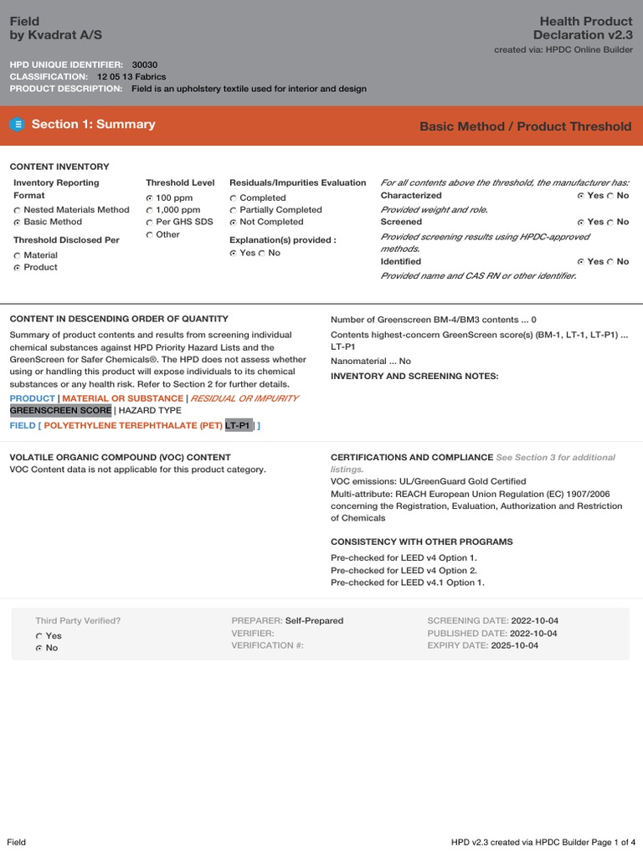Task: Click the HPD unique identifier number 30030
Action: pyautogui.click(x=145, y=64)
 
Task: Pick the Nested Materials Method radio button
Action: pyautogui.click(x=18, y=210)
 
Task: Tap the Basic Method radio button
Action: pyautogui.click(x=18, y=223)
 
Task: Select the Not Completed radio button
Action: pyautogui.click(x=234, y=223)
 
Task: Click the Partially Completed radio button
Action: pyautogui.click(x=234, y=210)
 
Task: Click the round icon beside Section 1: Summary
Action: pyautogui.click(x=18, y=125)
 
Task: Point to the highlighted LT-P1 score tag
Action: pyautogui.click(x=239, y=426)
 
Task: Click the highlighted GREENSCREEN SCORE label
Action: pyautogui.click(x=60, y=411)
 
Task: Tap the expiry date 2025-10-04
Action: pyautogui.click(x=514, y=646)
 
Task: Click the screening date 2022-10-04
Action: pyautogui.click(x=534, y=621)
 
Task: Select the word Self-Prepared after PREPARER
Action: pyautogui.click(x=314, y=621)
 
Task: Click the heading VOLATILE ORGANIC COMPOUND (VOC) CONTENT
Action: pyautogui.click(x=120, y=457)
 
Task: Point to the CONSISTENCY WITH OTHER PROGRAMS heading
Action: pyautogui.click(x=422, y=541)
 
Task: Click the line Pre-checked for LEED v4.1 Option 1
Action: pyautogui.click(x=407, y=582)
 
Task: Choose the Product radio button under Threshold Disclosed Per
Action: pyautogui.click(x=18, y=268)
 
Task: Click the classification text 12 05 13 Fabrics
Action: pyautogui.click(x=131, y=76)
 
